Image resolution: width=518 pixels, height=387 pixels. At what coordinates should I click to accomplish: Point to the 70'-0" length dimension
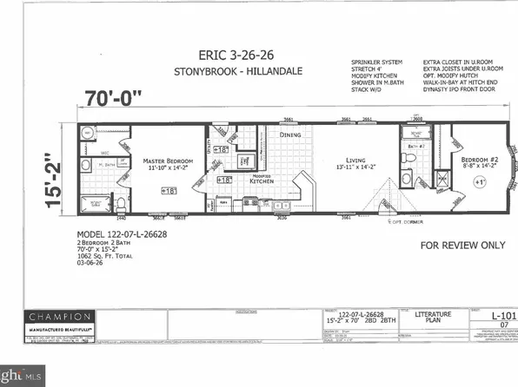pos(116,95)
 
